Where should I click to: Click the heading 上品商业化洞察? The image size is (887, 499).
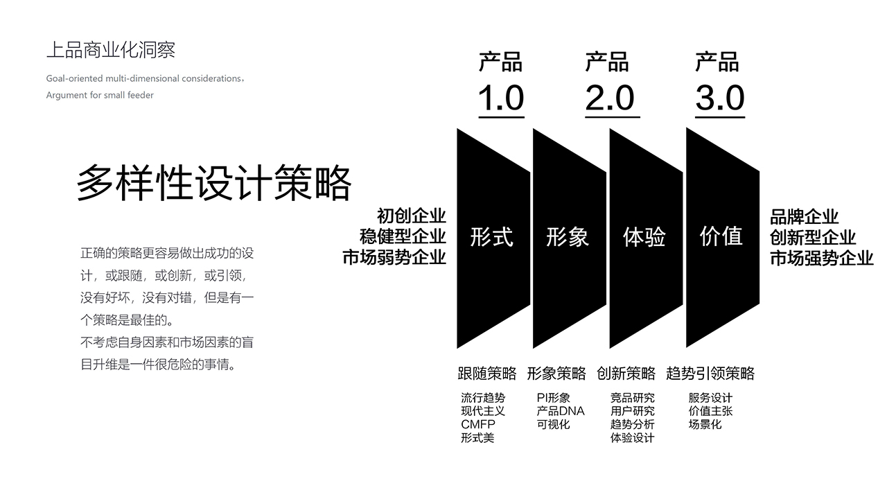point(110,51)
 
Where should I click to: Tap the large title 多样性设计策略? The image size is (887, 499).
point(214,183)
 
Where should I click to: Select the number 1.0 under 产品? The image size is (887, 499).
point(501,98)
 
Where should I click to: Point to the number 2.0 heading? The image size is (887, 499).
point(611,98)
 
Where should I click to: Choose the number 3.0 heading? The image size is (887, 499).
point(720,98)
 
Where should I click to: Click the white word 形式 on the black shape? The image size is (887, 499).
point(491,237)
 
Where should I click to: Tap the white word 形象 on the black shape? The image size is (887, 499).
point(568,237)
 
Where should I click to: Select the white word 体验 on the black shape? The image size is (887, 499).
point(644,237)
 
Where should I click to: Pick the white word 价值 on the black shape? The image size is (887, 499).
point(721,236)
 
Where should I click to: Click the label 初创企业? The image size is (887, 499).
point(412,216)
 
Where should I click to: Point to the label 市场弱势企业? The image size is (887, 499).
point(394,257)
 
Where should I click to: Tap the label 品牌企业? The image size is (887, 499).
point(805,217)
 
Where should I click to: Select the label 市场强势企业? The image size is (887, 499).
point(822,259)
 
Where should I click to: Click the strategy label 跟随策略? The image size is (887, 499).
point(487,374)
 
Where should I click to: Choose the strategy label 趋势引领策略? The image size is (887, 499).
point(710,374)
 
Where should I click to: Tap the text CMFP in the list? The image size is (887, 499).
point(478,425)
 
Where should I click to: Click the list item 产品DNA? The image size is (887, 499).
point(561,411)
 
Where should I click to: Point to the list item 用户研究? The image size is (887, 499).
point(633,411)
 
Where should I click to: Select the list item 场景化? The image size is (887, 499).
point(705,425)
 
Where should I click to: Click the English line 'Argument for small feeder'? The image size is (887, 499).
point(100,95)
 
